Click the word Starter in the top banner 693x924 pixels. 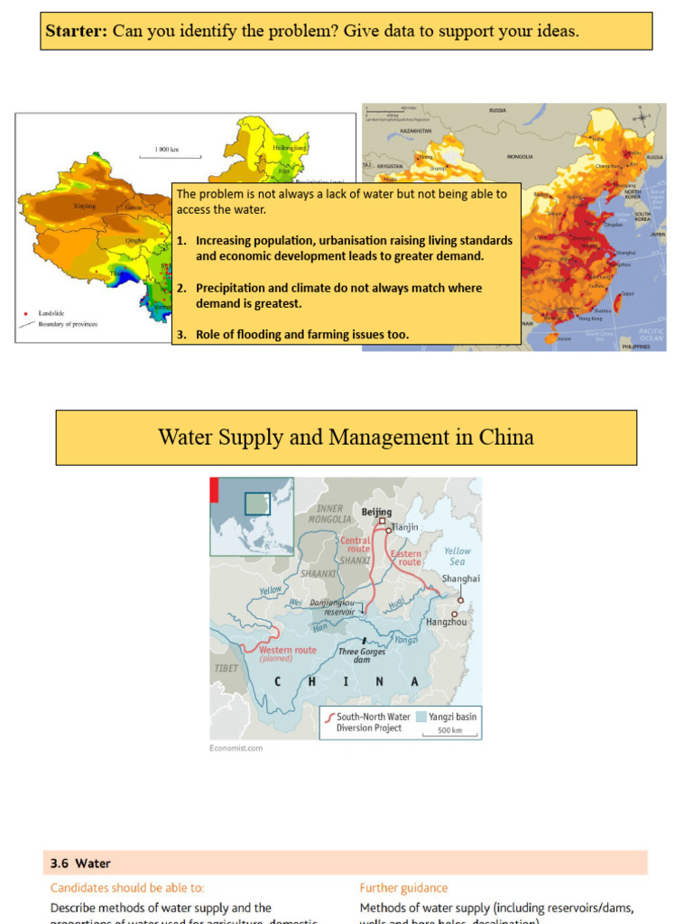click(76, 32)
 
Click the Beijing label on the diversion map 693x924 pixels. click(377, 512)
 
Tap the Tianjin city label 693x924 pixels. click(406, 527)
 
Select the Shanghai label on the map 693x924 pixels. click(460, 578)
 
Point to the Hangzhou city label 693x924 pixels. click(447, 622)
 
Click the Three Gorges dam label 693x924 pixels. click(362, 655)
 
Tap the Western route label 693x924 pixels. click(287, 650)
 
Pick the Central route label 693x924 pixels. click(355, 544)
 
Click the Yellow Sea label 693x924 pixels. click(457, 556)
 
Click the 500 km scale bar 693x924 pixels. click(449, 730)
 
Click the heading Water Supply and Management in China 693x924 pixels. click(346, 438)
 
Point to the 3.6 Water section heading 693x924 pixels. click(80, 864)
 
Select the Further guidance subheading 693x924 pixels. click(403, 888)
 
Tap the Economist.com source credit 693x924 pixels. click(236, 748)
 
